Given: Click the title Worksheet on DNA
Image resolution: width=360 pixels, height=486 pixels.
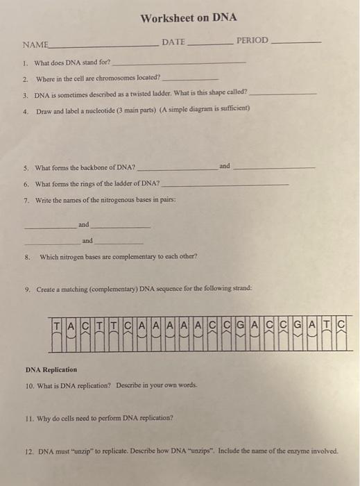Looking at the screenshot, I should click(x=180, y=18).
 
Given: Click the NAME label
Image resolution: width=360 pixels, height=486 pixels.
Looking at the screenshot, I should click(x=35, y=44).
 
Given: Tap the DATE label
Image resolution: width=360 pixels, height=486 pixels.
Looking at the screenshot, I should click(x=173, y=42).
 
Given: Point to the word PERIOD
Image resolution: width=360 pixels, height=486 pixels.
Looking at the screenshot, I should click(x=252, y=40).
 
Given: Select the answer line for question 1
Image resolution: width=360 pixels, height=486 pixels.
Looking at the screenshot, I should click(x=178, y=63).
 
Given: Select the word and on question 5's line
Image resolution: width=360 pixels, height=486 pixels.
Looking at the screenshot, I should click(x=224, y=166).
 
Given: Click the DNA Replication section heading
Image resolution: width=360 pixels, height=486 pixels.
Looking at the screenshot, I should click(x=51, y=369).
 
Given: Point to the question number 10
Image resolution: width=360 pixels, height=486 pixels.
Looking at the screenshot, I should click(x=29, y=385).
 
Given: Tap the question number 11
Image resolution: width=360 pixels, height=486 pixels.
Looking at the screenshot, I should click(x=28, y=418).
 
